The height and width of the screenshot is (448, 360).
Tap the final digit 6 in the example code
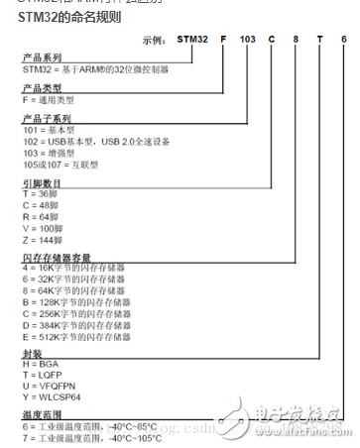pos(343,40)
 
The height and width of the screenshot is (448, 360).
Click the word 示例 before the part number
pos(155,41)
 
